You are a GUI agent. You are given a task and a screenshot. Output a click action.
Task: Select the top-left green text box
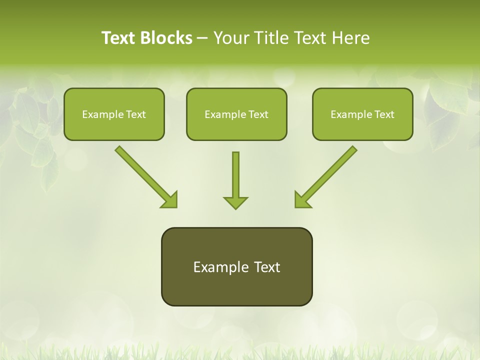click(114, 114)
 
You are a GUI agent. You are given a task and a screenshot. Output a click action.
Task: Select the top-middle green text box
click(236, 114)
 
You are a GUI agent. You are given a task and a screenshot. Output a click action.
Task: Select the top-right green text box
click(362, 114)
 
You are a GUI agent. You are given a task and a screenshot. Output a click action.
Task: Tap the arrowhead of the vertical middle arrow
click(235, 202)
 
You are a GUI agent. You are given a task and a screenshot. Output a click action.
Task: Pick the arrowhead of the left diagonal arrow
click(170, 200)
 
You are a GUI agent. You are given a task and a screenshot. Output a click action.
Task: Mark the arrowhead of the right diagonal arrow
click(301, 200)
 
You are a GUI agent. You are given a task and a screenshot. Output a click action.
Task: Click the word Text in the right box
click(384, 114)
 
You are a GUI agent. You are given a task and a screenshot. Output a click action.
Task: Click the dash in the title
click(203, 38)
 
